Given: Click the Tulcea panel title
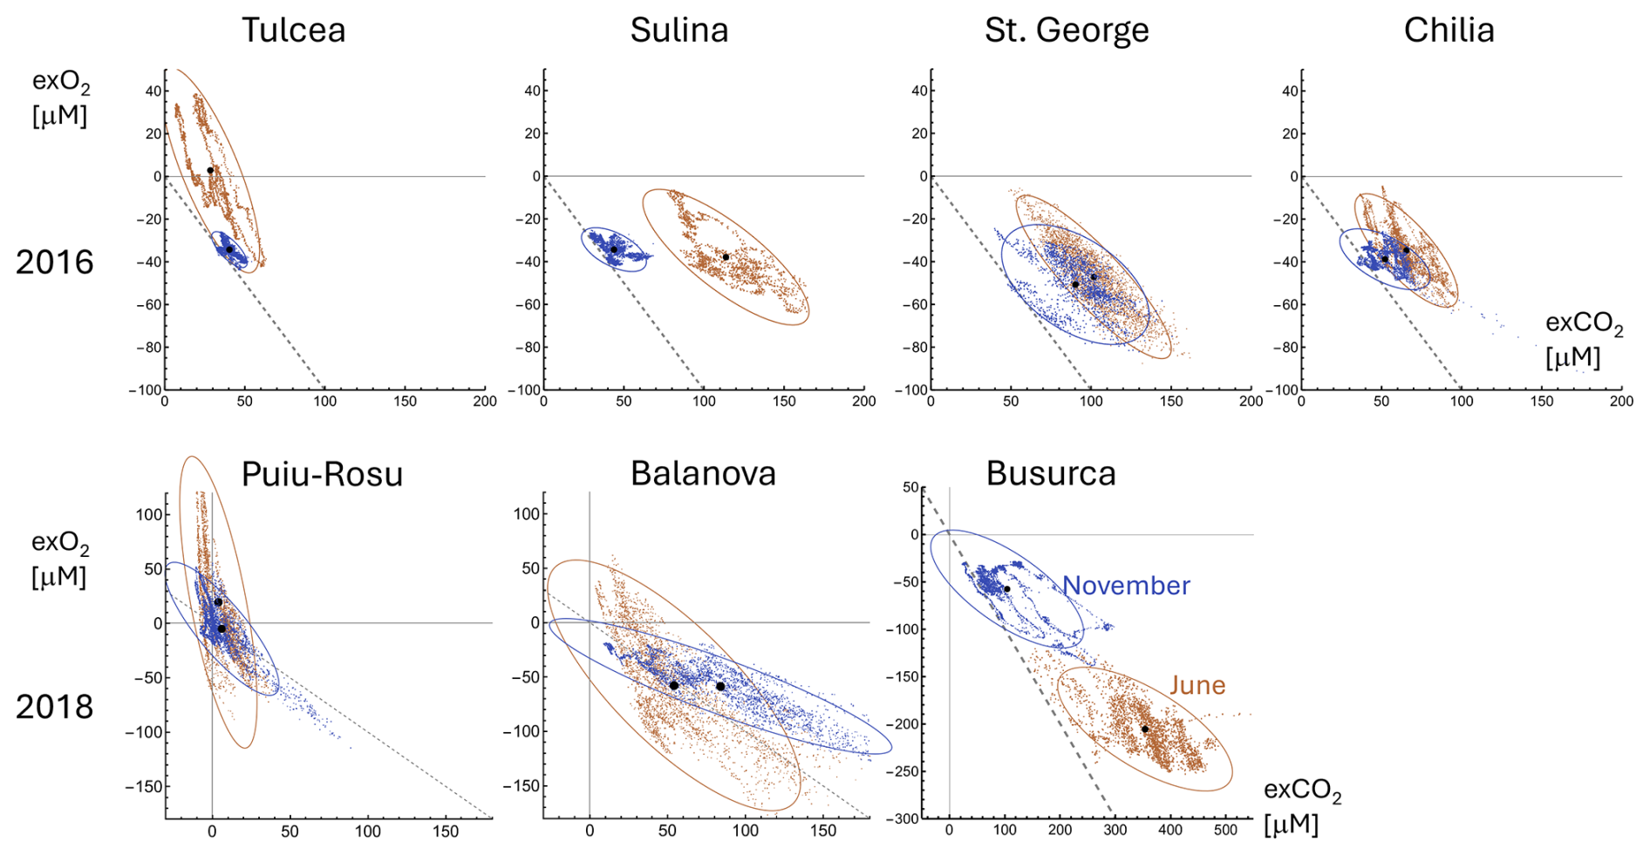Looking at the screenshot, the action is (293, 31).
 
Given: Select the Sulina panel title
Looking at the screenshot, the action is (679, 31).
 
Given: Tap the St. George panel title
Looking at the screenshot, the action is (1067, 31).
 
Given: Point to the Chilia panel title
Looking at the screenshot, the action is (1449, 31).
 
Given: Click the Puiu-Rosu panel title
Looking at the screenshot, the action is (322, 474).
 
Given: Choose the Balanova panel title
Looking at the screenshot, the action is (703, 473).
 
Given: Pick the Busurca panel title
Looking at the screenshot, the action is (1051, 473).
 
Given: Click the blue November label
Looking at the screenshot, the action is (1126, 586).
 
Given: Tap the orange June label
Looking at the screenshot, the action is (1197, 685).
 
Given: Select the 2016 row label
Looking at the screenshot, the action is (54, 262).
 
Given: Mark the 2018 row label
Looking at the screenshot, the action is (54, 707).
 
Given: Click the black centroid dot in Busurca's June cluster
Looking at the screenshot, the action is (1145, 729).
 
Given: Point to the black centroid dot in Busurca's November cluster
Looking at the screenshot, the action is (1007, 589).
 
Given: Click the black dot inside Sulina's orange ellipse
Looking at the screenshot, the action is (726, 257).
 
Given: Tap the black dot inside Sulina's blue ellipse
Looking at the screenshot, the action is (614, 250).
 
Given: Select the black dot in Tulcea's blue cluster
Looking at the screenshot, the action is (229, 249).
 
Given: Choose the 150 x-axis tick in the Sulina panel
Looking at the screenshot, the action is (784, 402).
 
